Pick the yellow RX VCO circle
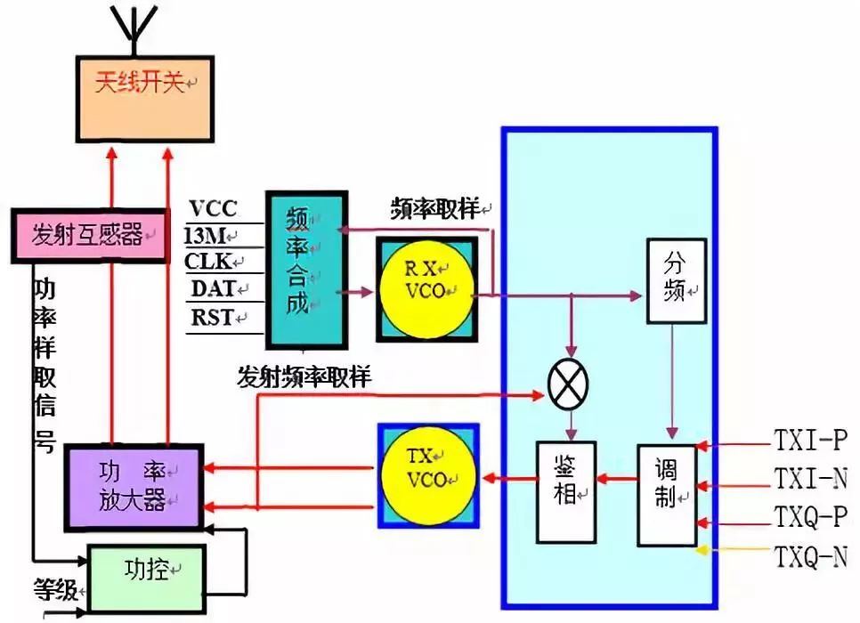(x=426, y=288)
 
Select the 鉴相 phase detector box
(x=565, y=490)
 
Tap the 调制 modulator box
(x=666, y=494)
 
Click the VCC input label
(x=213, y=209)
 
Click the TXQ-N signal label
(x=808, y=558)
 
